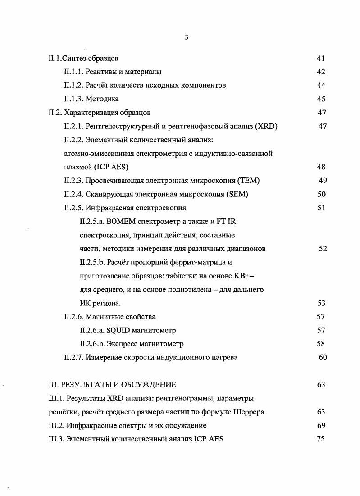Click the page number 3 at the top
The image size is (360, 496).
186,37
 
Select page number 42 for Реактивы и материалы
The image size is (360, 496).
321,72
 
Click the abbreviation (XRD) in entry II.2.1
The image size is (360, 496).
266,127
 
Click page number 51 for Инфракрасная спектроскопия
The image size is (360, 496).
321,208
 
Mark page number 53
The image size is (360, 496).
321,303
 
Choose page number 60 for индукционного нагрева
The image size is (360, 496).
322,358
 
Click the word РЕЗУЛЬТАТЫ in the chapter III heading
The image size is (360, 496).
84,385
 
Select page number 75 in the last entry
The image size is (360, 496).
321,439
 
